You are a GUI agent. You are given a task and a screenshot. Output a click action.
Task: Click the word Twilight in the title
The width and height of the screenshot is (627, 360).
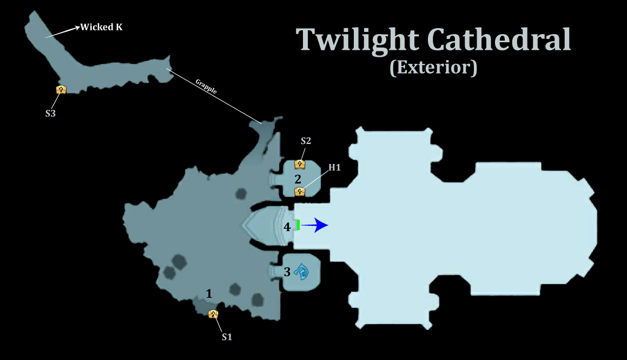pos(358,40)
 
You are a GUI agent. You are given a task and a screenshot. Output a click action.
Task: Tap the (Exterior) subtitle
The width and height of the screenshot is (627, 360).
pos(433,67)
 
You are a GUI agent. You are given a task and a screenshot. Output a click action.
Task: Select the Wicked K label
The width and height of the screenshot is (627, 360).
pos(102,27)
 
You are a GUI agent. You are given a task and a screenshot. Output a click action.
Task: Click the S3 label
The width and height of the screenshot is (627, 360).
pos(50,114)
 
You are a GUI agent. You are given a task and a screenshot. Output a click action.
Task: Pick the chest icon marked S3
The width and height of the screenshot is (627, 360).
pos(61,89)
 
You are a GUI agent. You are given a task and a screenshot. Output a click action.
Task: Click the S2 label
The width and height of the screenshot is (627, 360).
pos(306,141)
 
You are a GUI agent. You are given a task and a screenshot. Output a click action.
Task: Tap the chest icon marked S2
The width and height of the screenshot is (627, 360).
pos(299,163)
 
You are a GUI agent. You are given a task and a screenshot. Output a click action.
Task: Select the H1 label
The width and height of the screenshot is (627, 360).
pos(335,168)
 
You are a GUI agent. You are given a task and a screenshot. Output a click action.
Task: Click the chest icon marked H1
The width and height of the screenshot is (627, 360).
pos(299,192)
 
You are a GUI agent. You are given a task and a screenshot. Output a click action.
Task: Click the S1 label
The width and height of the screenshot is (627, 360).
pos(227,337)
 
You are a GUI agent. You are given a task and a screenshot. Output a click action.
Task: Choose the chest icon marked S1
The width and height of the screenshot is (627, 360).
pos(213,314)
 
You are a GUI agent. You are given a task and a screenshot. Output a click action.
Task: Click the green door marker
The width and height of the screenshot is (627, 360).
pos(298,225)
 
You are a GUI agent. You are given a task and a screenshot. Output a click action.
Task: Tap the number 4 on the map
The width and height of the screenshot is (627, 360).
pos(287,227)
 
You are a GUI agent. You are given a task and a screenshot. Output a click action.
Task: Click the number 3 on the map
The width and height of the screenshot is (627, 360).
pos(287,272)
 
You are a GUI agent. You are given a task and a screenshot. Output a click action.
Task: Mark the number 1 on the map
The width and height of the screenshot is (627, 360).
pos(209,293)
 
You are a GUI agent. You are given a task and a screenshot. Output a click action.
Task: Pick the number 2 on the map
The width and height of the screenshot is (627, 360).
pos(298,179)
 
